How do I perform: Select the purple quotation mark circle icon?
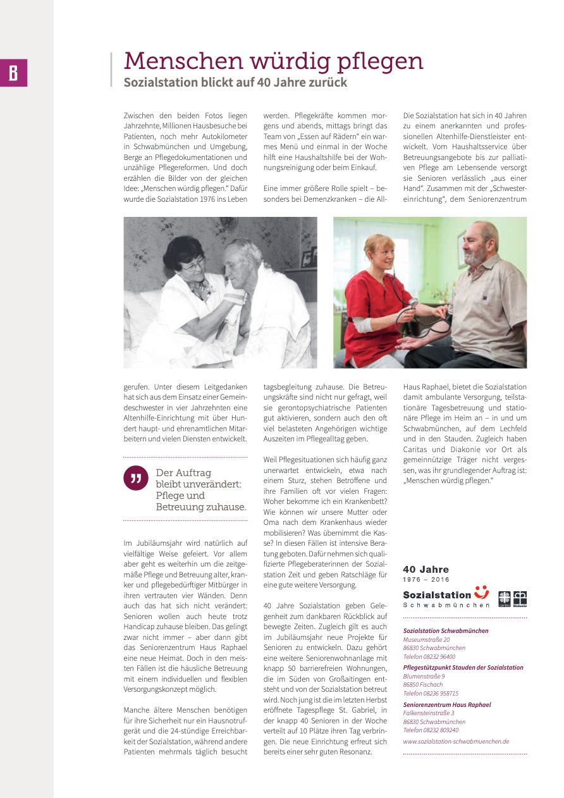135,478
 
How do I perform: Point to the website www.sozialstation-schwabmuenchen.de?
456,742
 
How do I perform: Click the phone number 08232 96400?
440,656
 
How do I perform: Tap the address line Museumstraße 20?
426,640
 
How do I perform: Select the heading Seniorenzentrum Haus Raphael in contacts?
447,704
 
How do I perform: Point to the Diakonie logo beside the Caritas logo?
520,598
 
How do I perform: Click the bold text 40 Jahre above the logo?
426,570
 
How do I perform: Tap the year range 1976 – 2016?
426,579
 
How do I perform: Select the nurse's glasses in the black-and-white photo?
193,263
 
